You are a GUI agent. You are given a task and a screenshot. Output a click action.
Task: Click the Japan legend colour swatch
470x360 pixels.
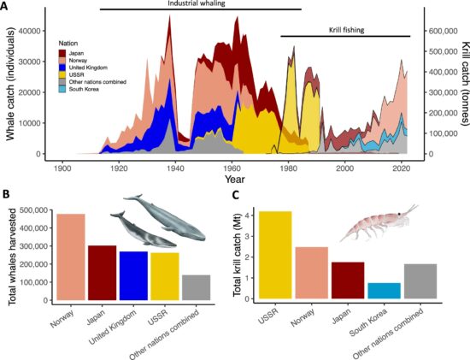62,52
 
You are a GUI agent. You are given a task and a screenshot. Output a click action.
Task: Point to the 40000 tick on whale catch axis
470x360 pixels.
38,31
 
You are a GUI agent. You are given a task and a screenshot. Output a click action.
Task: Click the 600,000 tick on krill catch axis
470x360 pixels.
437,31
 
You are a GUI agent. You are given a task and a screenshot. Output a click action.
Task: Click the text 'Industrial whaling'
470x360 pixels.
201,4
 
